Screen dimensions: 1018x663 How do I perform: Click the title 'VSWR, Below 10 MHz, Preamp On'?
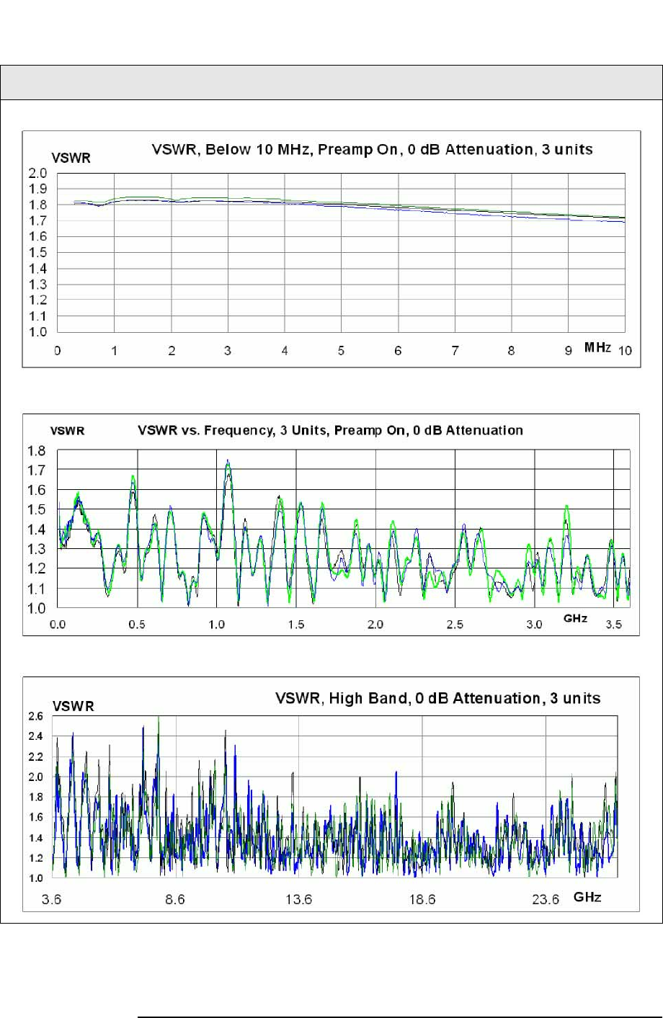point(372,150)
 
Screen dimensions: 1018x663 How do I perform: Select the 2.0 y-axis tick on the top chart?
point(38,174)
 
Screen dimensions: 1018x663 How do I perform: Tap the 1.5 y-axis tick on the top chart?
point(38,253)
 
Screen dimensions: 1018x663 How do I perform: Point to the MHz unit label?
point(598,348)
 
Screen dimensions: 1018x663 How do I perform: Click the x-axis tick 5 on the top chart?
point(341,351)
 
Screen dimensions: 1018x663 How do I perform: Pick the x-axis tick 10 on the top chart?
point(625,351)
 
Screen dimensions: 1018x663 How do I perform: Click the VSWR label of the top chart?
point(71,158)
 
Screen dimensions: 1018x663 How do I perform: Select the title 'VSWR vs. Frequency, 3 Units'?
point(330,431)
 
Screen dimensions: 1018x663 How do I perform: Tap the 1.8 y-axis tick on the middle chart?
point(37,452)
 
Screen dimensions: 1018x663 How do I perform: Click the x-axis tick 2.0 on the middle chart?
point(375,625)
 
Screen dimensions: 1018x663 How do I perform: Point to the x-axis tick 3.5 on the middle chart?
point(613,625)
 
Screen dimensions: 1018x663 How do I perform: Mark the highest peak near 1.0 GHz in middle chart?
point(228,461)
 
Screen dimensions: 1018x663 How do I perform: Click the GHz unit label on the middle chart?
point(575,619)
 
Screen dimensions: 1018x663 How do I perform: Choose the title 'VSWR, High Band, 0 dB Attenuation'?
point(437,698)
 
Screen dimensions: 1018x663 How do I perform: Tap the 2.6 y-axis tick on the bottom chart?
point(35,716)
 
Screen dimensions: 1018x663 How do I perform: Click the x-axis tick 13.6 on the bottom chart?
point(298,899)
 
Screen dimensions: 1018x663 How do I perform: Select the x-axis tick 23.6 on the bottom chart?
point(546,899)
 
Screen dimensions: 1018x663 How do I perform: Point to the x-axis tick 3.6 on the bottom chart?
point(52,899)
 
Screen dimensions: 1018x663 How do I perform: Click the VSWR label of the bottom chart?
point(73,707)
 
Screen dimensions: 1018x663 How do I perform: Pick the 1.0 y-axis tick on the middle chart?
point(37,609)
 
